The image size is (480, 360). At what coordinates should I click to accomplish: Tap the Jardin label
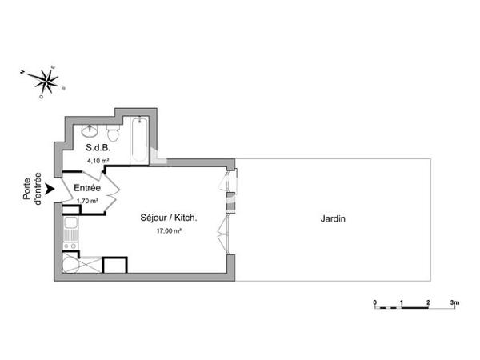[x=333, y=218]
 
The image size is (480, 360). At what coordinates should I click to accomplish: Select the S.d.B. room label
[x=98, y=149]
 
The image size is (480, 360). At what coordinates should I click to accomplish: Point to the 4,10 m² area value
[x=98, y=161]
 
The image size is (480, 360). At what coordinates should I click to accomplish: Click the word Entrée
[x=87, y=188]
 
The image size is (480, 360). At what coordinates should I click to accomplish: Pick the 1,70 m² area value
[x=86, y=201]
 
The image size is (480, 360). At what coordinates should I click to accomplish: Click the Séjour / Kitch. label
[x=169, y=218]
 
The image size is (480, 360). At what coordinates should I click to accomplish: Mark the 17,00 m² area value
[x=169, y=231]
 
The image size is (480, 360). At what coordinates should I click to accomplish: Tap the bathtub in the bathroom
[x=141, y=141]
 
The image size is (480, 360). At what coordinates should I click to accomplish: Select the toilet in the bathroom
[x=114, y=134]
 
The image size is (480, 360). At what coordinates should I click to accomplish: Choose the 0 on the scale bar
[x=374, y=302]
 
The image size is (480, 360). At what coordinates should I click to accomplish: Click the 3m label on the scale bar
[x=454, y=302]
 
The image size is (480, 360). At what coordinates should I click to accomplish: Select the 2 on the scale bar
[x=428, y=302]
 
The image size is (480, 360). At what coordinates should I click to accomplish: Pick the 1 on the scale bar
[x=402, y=302]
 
